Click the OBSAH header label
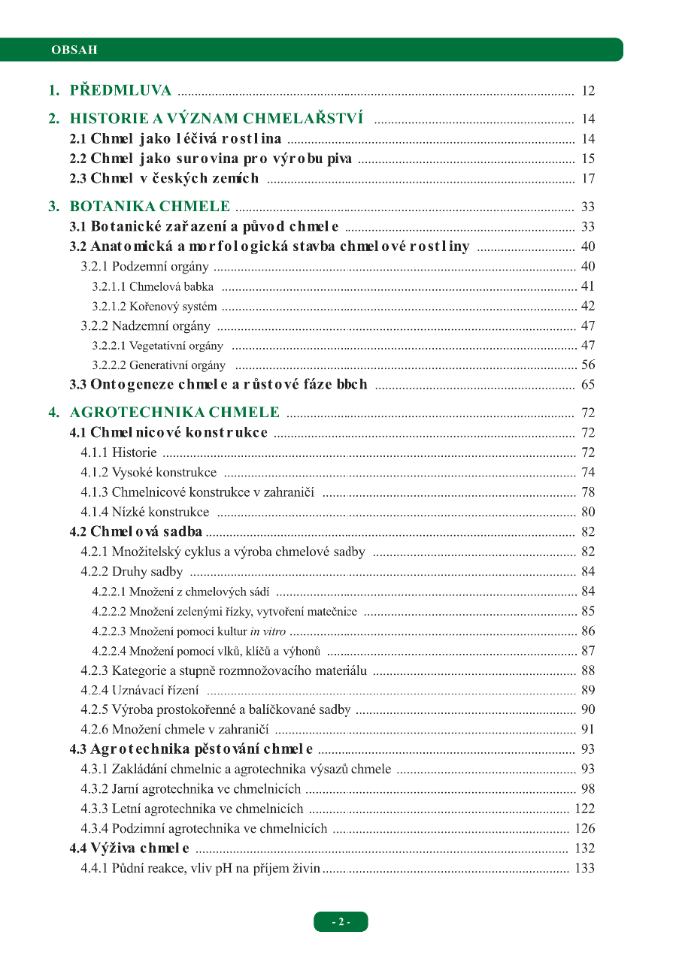[x=74, y=50]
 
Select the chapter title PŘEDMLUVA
[x=120, y=91]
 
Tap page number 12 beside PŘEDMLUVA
[x=588, y=92]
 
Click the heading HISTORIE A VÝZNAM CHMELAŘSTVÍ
[x=217, y=119]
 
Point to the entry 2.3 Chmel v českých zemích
[x=164, y=178]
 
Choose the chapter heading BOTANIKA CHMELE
[x=150, y=207]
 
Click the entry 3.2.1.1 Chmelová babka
[x=153, y=286]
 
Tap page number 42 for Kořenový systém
[x=588, y=306]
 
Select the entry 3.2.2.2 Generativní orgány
[x=159, y=365]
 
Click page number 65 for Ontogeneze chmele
[x=588, y=385]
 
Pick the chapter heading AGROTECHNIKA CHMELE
[x=174, y=413]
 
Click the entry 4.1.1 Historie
[x=119, y=452]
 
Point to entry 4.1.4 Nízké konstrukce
[x=145, y=512]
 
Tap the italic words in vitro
[x=268, y=631]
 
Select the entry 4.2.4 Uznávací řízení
[x=140, y=690]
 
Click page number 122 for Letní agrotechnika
[x=584, y=809]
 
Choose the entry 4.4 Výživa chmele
[x=129, y=849]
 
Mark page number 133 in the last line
[x=584, y=868]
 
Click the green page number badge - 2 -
[x=341, y=922]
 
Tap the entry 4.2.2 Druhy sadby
[x=132, y=571]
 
